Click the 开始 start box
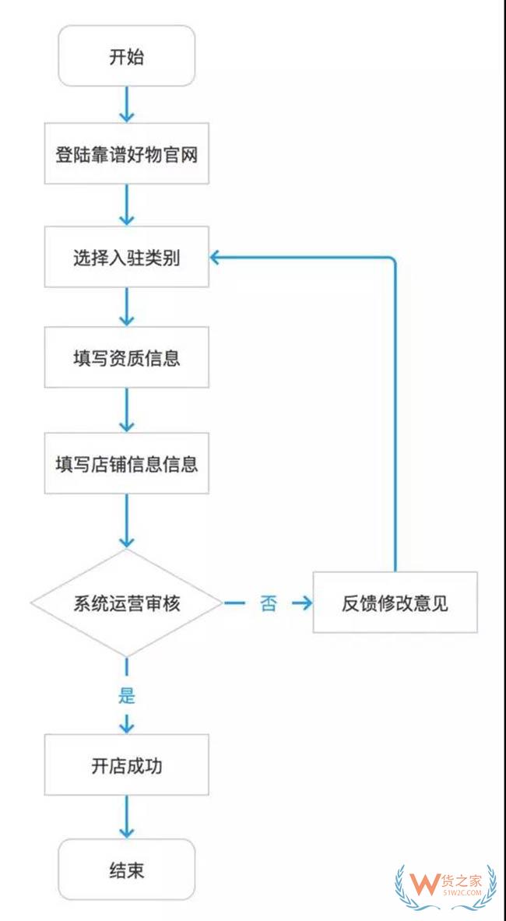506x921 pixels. point(126,56)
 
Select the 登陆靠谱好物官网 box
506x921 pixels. point(126,154)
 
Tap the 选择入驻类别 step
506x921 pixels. point(126,258)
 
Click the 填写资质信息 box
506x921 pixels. point(126,358)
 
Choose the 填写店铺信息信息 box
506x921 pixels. point(126,463)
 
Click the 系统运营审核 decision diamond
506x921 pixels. point(126,603)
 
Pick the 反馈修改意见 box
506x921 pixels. point(394,603)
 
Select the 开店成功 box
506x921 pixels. point(126,765)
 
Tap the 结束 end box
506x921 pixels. point(126,869)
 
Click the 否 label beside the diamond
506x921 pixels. point(268,603)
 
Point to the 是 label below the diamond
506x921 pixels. point(126,694)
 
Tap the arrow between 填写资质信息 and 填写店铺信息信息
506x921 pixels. point(126,410)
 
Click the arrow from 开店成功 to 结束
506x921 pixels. point(126,817)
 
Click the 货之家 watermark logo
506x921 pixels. point(445,888)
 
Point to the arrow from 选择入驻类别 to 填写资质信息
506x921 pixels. point(126,308)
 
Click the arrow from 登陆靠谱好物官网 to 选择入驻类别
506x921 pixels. point(126,206)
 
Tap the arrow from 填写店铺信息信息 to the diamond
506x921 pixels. point(126,522)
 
